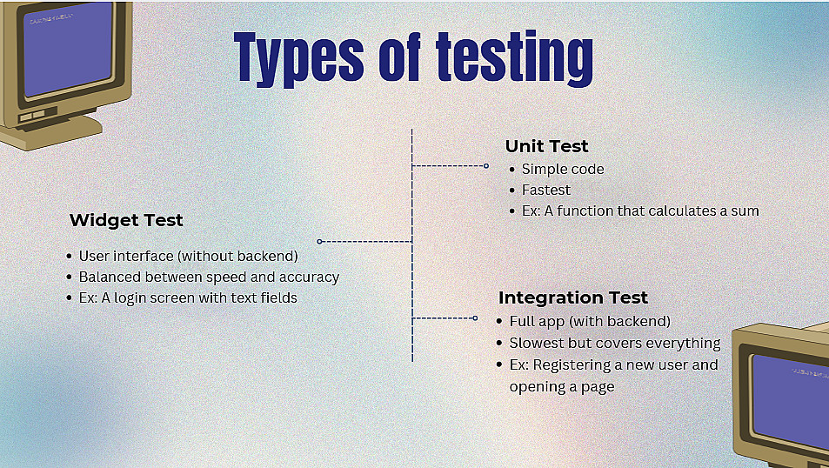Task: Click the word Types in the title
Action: (x=299, y=58)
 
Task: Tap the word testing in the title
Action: (x=514, y=58)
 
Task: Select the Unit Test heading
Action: (x=546, y=146)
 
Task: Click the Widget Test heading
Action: (x=126, y=220)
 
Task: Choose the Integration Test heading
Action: (x=573, y=298)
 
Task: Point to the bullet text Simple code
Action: (x=563, y=170)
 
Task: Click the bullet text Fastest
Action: (x=546, y=190)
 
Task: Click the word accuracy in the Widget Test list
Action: (x=310, y=277)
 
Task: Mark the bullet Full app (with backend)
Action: (x=590, y=322)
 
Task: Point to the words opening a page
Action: (x=562, y=387)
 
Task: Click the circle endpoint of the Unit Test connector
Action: (x=486, y=166)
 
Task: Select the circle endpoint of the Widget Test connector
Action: (x=319, y=242)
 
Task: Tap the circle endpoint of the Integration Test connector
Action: (x=475, y=318)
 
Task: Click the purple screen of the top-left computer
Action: (x=68, y=49)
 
